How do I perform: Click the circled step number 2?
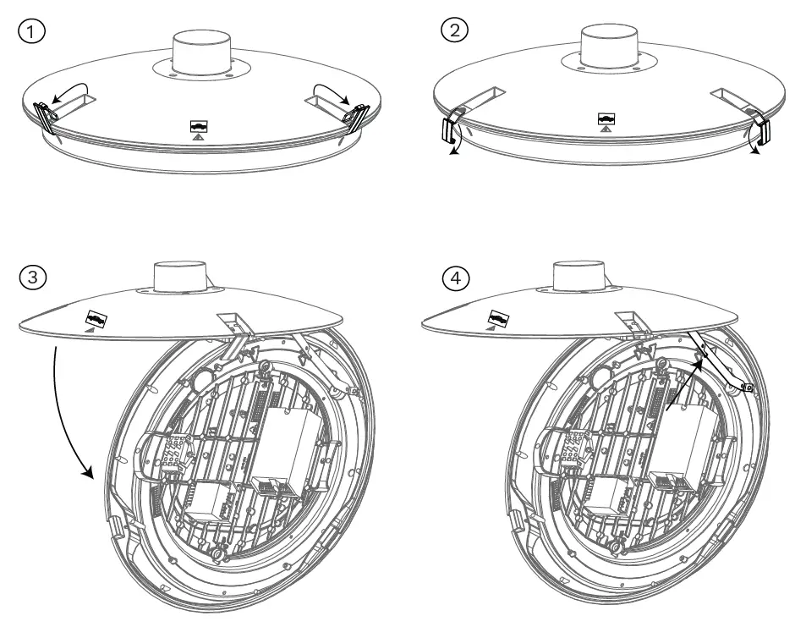click(x=453, y=31)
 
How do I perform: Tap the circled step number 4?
click(x=453, y=278)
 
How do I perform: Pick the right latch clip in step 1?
click(x=359, y=116)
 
